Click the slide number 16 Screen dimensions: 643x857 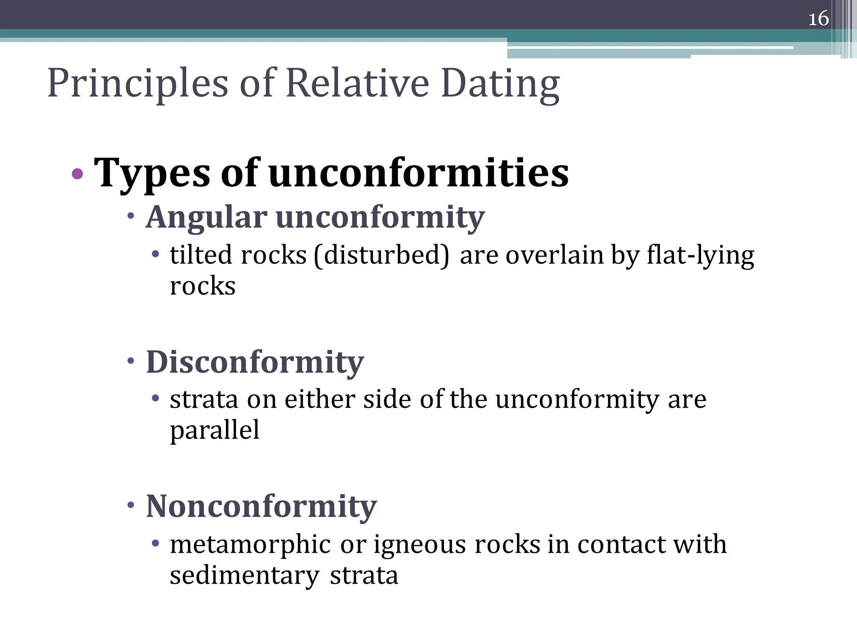(818, 19)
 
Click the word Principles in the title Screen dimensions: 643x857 (138, 84)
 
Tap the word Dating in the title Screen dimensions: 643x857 (500, 84)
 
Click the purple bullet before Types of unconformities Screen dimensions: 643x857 (77, 173)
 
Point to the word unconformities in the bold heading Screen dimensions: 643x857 (418, 172)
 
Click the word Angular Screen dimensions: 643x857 (206, 218)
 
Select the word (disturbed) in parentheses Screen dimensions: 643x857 (381, 255)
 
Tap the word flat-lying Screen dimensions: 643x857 (700, 255)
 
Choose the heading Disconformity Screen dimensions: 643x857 (255, 362)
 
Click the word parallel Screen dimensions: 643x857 (215, 430)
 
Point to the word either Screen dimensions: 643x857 (320, 399)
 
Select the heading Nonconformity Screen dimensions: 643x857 (261, 507)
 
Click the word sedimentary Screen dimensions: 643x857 (245, 575)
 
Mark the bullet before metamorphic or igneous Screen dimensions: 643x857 (156, 543)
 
